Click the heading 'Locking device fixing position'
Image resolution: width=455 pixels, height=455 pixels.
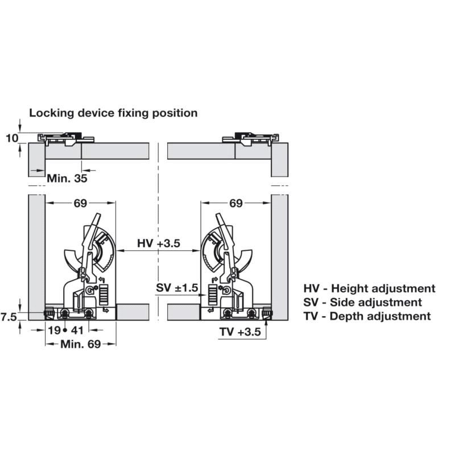113,113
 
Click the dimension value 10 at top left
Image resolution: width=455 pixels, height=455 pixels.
12,138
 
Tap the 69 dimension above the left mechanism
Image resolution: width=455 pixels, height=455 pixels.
80,203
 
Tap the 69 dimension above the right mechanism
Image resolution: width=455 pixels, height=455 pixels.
236,203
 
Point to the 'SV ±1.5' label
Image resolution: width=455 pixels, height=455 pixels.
177,288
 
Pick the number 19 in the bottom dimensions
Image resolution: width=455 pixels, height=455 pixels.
54,330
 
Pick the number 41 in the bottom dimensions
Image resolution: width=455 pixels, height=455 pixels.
78,330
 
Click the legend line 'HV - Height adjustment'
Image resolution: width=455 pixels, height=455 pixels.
369,289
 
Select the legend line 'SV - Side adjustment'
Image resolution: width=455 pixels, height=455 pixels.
362,303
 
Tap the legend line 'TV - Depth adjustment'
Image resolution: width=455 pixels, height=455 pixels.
367,316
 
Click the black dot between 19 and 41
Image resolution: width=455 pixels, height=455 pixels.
66,330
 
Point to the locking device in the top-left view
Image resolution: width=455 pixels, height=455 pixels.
63,138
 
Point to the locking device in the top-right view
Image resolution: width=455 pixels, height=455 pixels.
249,138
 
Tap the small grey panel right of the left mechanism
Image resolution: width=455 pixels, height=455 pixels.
133,312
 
